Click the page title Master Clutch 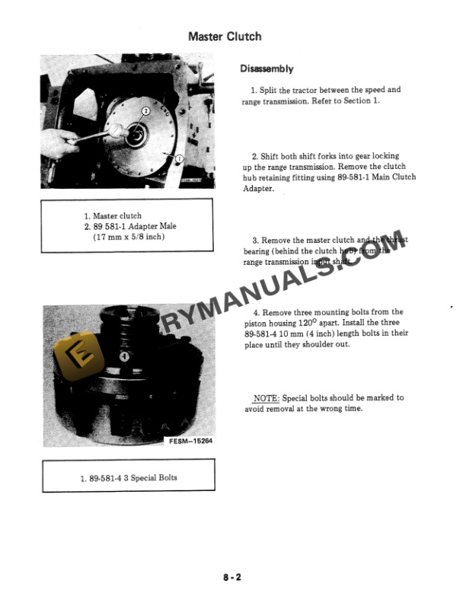pos(225,37)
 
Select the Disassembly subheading pos(267,69)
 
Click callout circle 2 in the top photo pos(145,111)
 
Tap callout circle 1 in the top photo pos(179,158)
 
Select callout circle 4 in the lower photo pos(125,356)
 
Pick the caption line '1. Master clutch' pos(113,216)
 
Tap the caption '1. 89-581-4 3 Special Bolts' pos(128,478)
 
